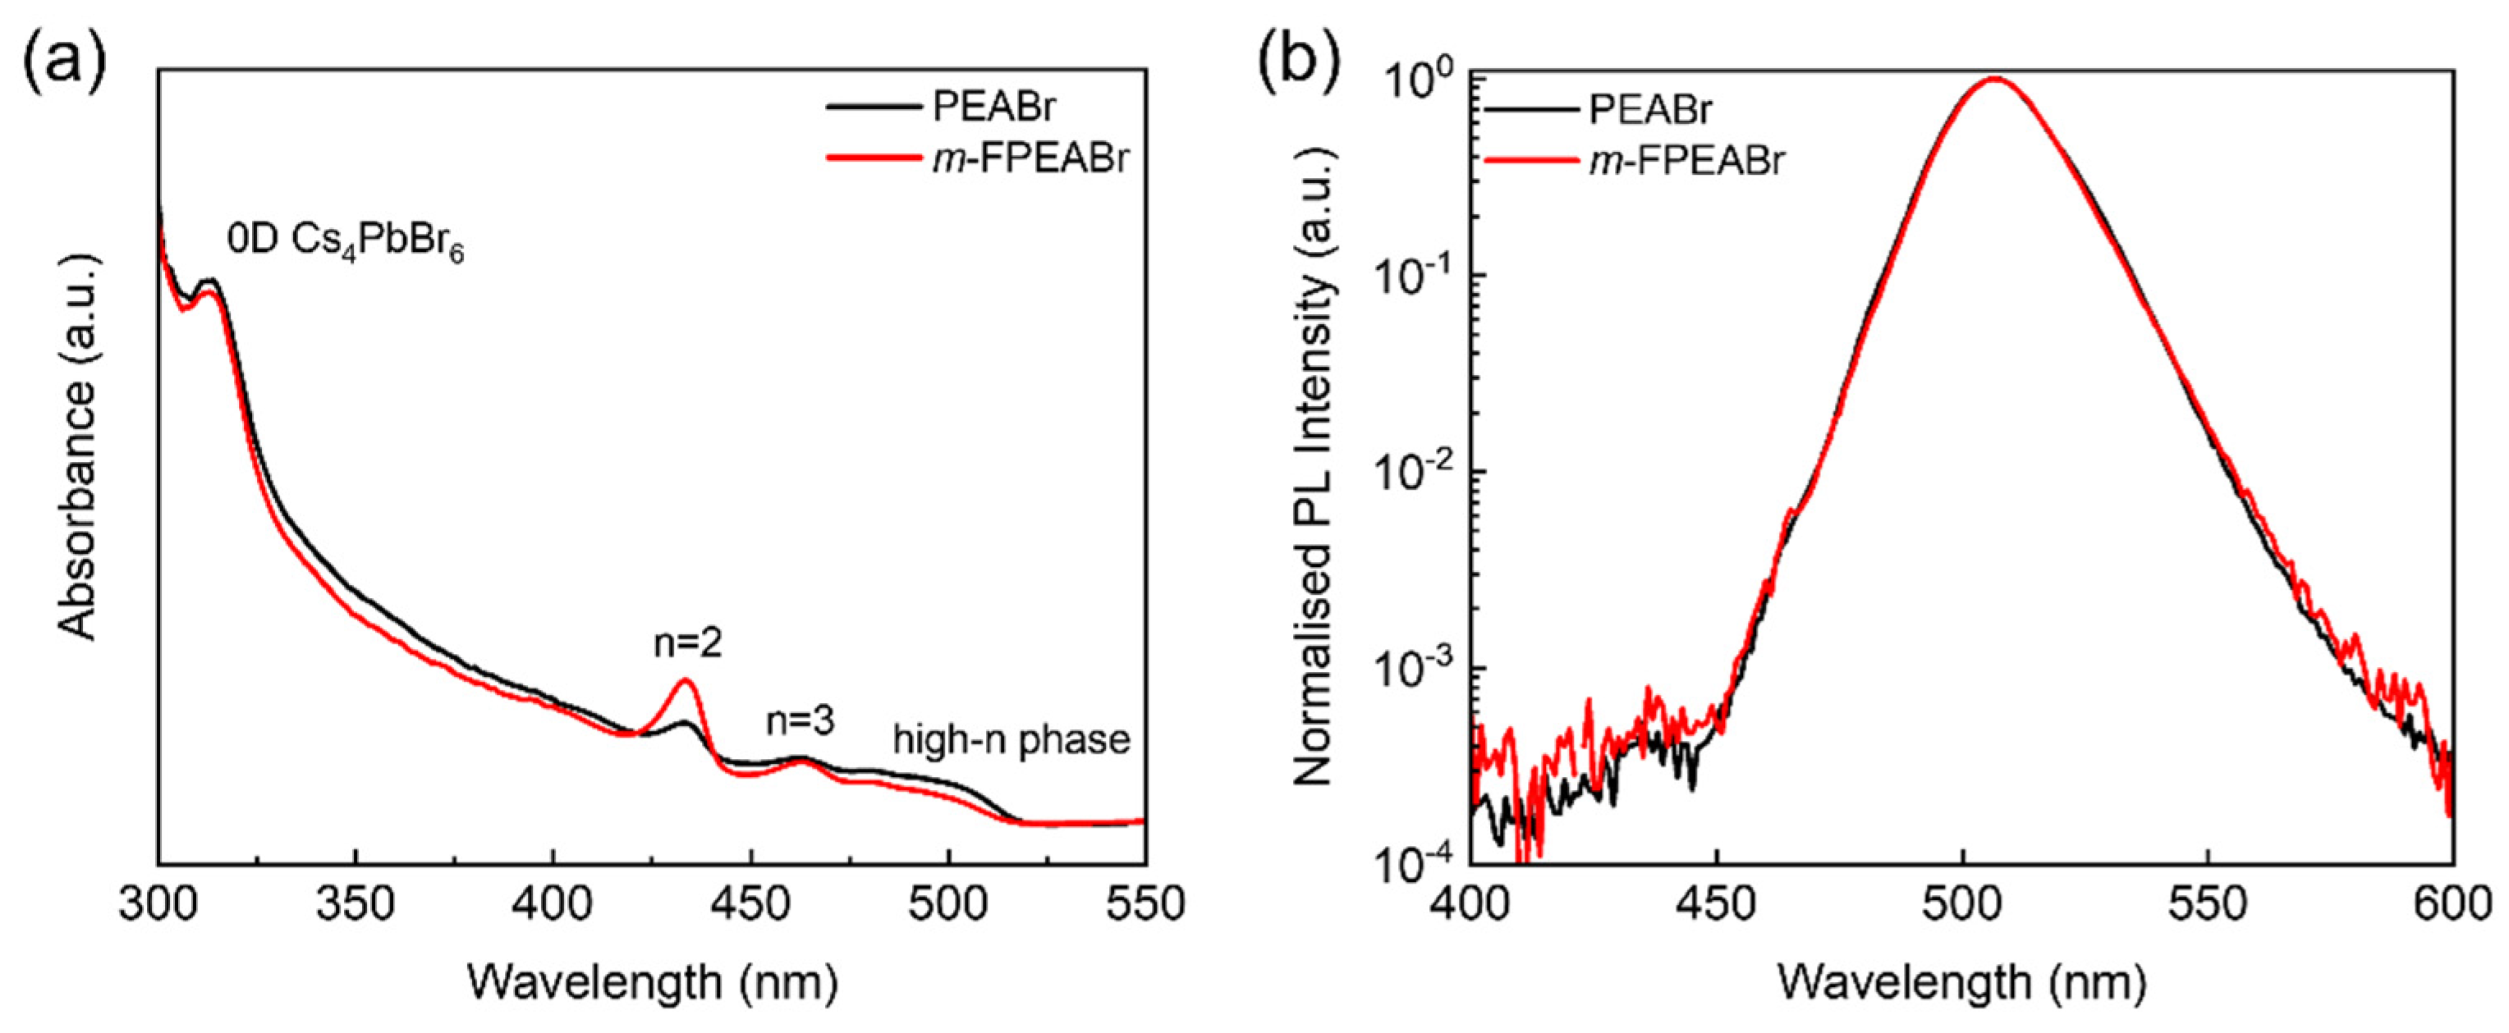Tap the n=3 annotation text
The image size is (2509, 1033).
coord(800,721)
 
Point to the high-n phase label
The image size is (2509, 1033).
coord(1011,740)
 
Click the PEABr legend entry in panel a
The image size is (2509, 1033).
coord(993,107)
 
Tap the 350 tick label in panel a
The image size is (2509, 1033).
coord(355,904)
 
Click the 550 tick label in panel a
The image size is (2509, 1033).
coord(1144,904)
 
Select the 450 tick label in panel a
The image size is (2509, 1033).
coord(750,904)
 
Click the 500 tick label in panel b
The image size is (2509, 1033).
coord(1961,904)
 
